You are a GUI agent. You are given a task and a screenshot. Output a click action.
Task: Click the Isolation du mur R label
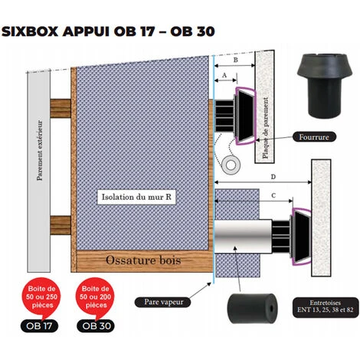tap(136, 197)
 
